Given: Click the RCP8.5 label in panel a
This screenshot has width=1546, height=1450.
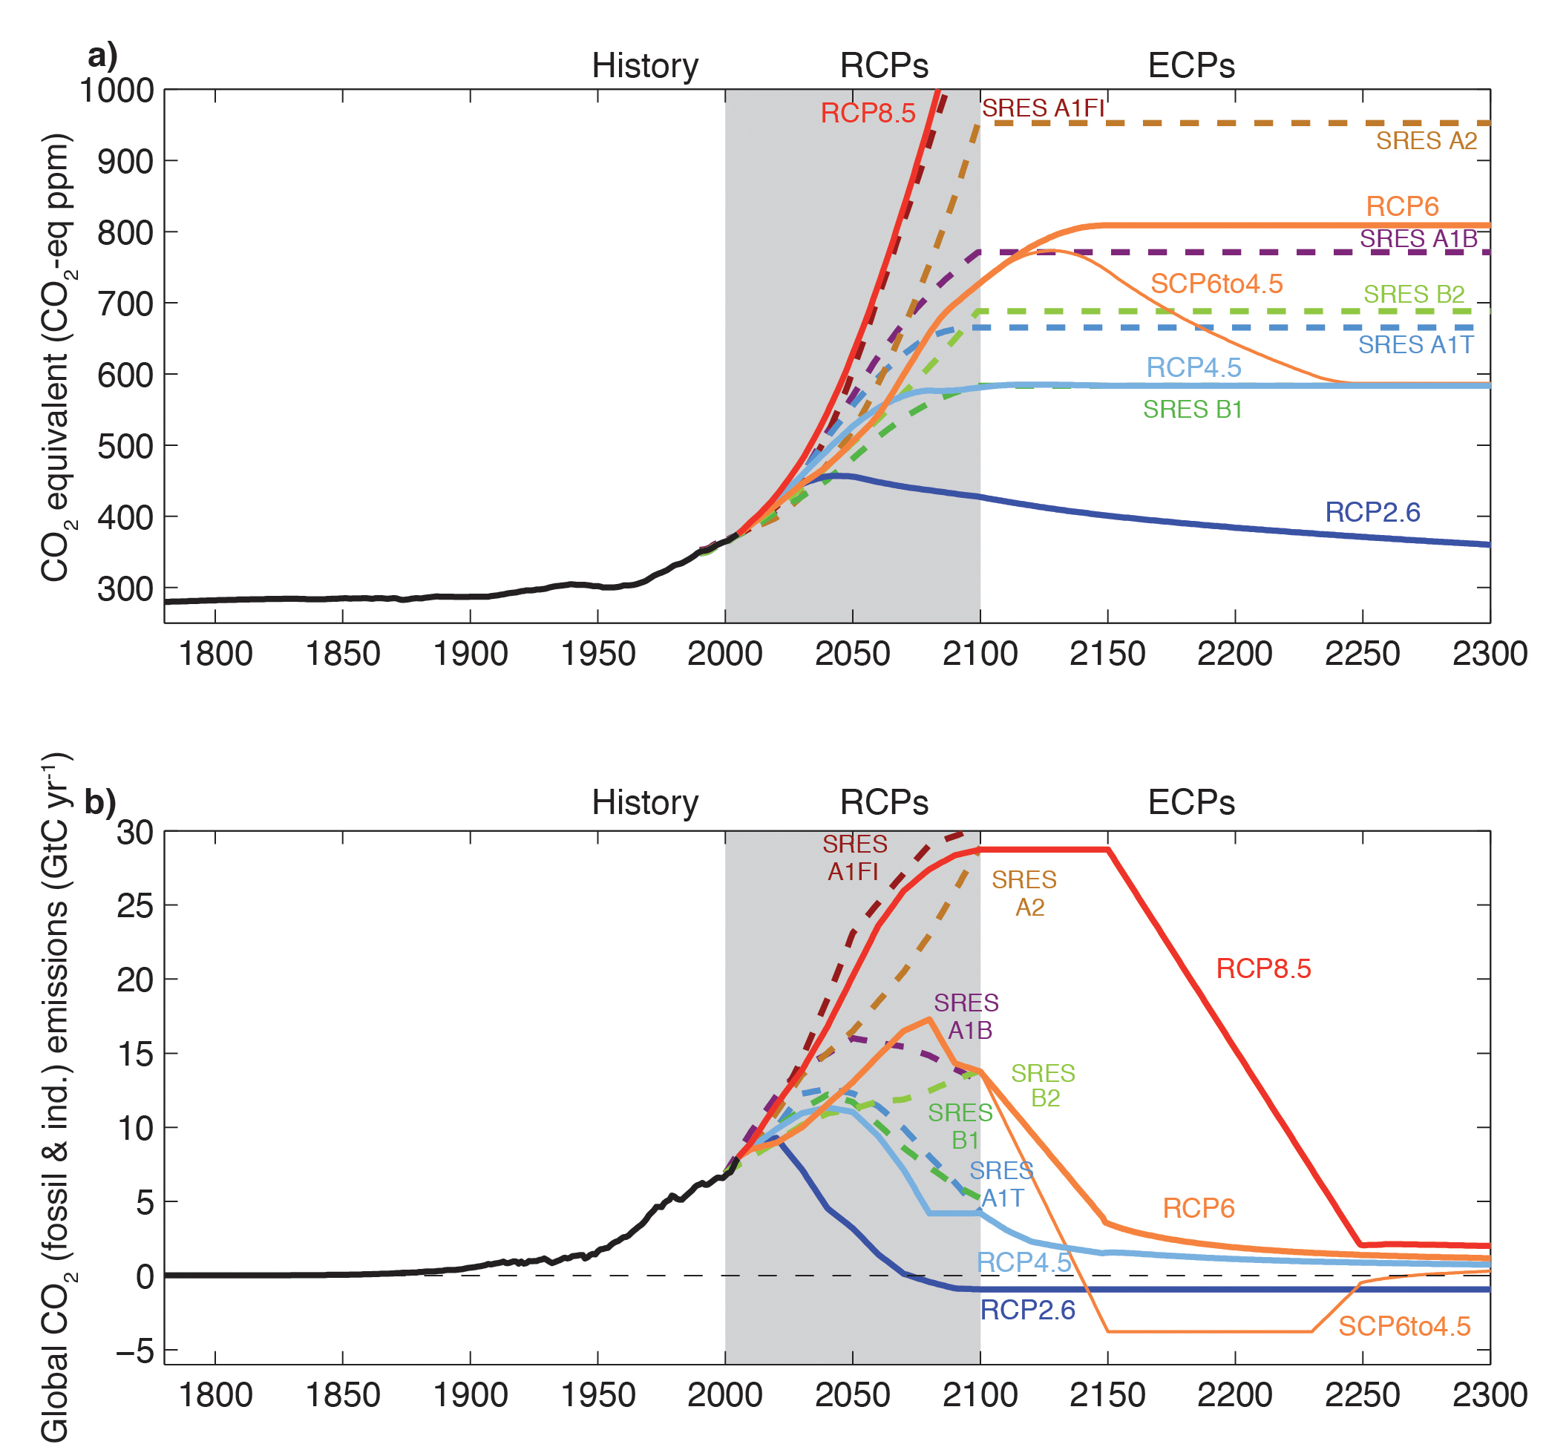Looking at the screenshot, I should click(x=868, y=114).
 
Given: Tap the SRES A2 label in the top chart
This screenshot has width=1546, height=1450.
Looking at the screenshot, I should click(x=1427, y=141).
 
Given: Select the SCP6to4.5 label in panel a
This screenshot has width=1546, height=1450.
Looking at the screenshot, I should click(x=1216, y=283).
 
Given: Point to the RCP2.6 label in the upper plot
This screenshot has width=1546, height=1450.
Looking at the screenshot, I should click(x=1372, y=512).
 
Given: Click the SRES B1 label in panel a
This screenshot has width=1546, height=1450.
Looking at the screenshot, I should click(x=1192, y=410).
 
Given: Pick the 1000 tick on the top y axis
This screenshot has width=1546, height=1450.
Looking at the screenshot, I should click(x=117, y=91).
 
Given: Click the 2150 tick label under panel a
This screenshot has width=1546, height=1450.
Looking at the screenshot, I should click(x=1107, y=654).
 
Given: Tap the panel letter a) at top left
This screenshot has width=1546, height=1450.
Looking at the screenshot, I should click(x=102, y=56).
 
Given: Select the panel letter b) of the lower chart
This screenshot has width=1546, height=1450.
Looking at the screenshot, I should click(x=99, y=802).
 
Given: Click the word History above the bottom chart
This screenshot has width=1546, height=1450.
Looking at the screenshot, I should click(x=645, y=802).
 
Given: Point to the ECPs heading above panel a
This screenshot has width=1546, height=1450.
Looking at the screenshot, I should click(x=1190, y=66).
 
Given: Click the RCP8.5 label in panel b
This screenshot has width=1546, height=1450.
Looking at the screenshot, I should click(x=1263, y=968).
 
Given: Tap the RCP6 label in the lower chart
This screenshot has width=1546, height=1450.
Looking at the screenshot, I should click(x=1198, y=1208).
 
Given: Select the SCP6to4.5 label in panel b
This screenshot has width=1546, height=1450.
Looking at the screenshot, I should click(x=1403, y=1326).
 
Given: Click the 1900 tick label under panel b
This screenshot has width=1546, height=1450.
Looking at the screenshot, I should click(x=470, y=1395).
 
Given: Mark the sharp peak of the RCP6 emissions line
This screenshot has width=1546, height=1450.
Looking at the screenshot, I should click(x=929, y=1019).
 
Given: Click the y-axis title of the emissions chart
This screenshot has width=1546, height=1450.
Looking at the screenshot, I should click(x=54, y=1096).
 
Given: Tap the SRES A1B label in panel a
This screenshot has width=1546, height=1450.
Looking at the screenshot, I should click(x=1418, y=239).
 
